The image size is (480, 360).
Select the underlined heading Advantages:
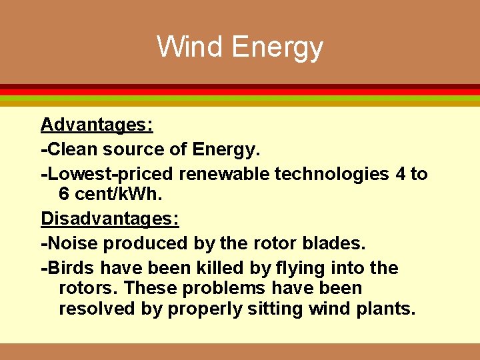pyautogui.click(x=97, y=125)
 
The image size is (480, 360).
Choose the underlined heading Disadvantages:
pyautogui.click(x=110, y=219)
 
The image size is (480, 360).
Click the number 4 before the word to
pyautogui.click(x=400, y=175)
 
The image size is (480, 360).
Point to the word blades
pyautogui.click(x=338, y=243)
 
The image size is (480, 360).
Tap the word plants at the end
pyautogui.click(x=389, y=309)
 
